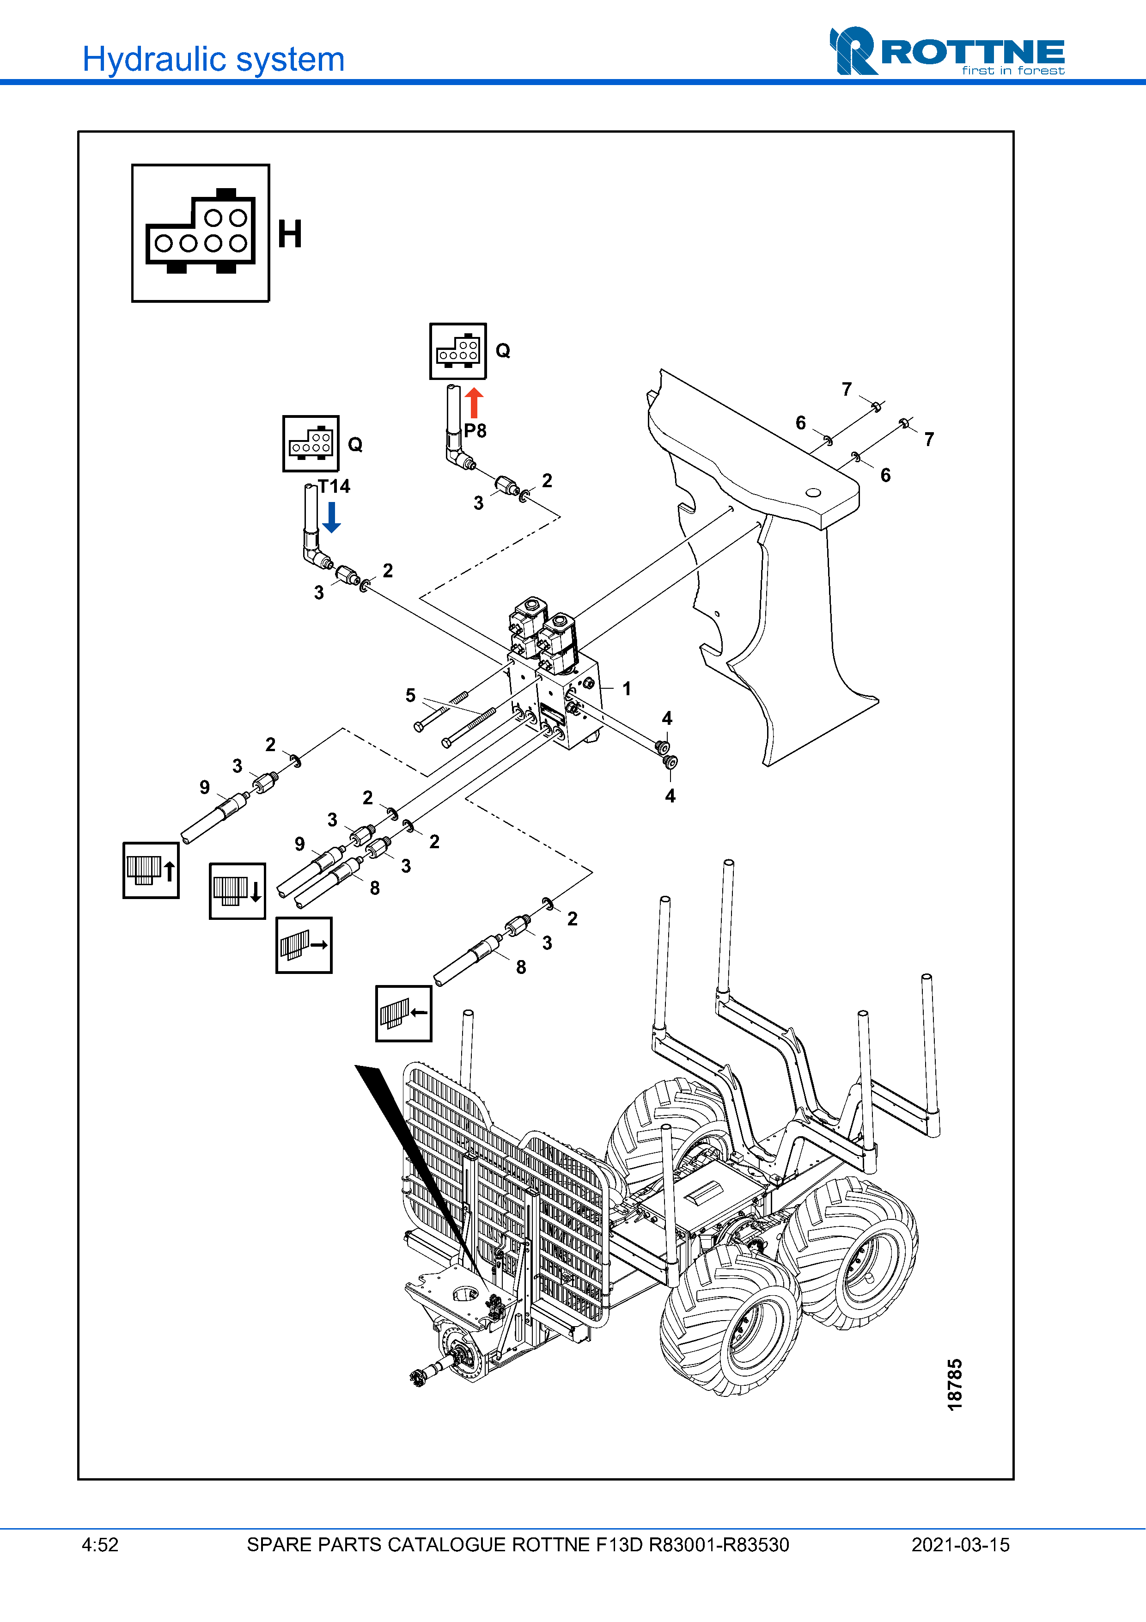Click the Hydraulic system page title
pos(213,59)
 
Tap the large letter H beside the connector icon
pos(289,234)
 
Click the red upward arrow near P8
pos(475,403)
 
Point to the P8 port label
pos(475,431)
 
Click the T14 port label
pos(334,486)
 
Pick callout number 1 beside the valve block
pos(626,689)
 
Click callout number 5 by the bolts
pos(410,696)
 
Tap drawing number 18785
pos(955,1384)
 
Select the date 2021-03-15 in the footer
pos(960,1545)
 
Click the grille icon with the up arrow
pos(150,870)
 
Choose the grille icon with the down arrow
pos(237,891)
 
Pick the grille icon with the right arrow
pos(304,945)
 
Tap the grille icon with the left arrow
pos(403,1014)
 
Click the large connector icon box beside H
pos(201,233)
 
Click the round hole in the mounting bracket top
pos(813,492)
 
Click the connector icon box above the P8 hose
pos(458,351)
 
